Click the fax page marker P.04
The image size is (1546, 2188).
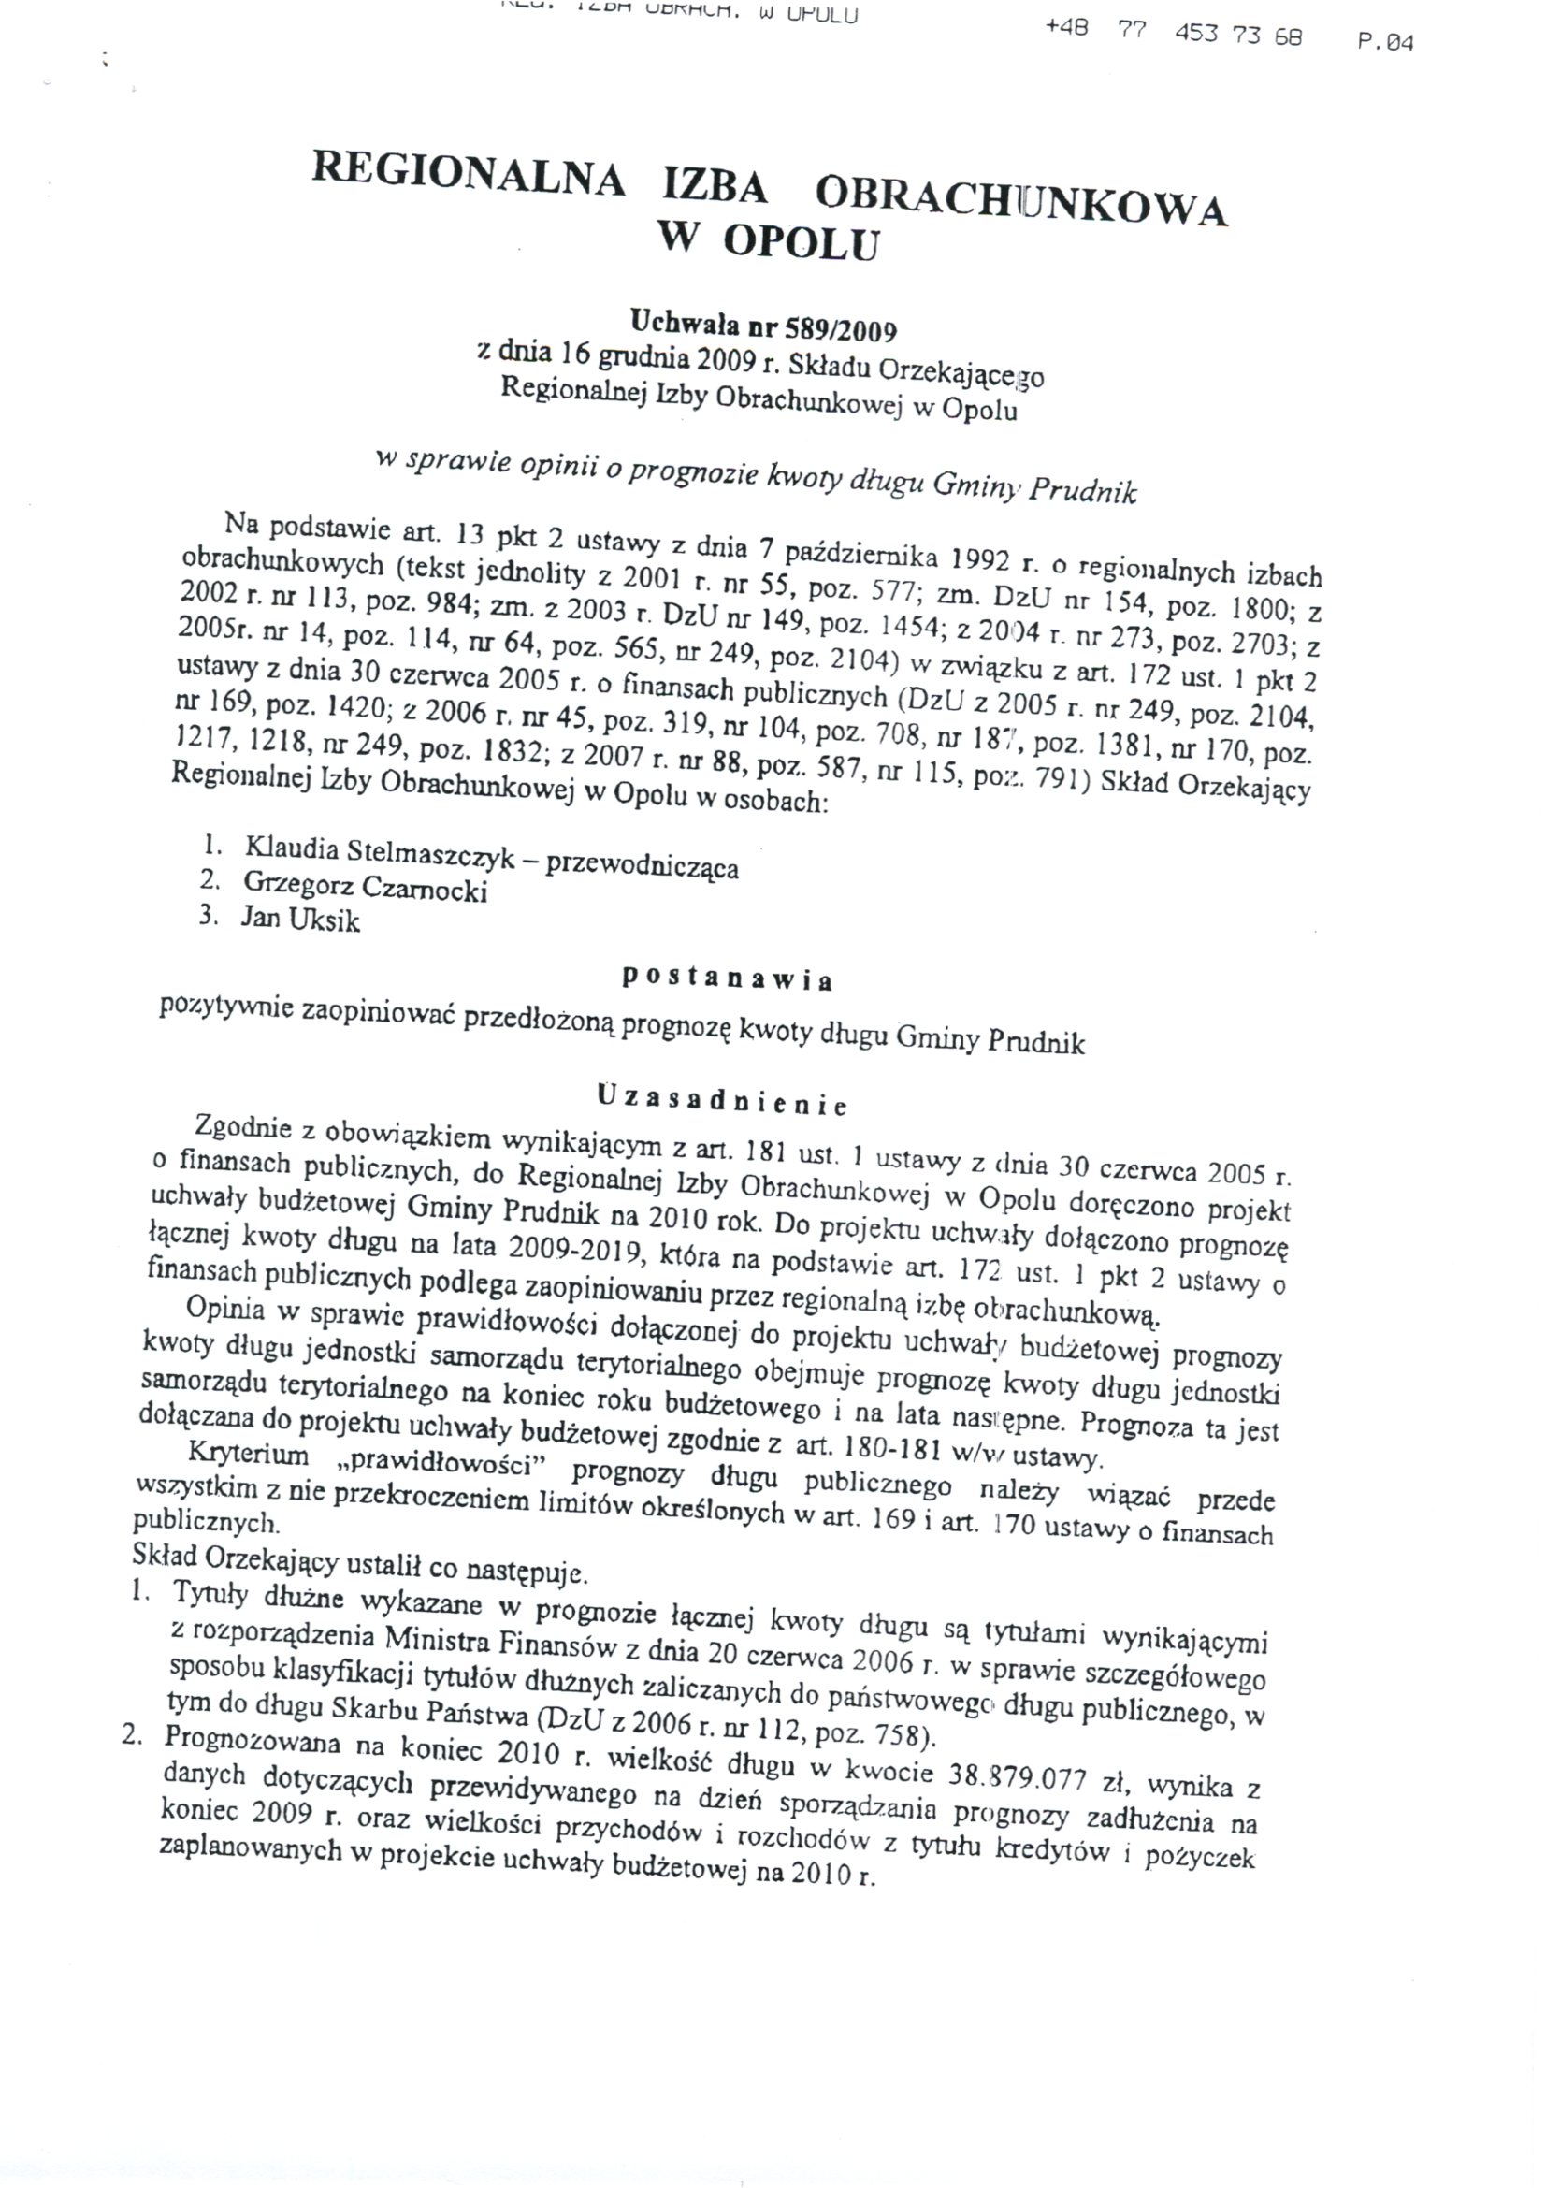(x=1386, y=43)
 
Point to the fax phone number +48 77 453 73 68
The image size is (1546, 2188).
(x=1173, y=34)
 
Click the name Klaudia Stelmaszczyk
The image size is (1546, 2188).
(x=378, y=852)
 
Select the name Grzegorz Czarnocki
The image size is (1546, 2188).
(x=365, y=887)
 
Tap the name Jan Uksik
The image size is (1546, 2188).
(x=300, y=920)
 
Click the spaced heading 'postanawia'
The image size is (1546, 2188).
(x=728, y=978)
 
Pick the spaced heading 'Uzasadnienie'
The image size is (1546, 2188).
(x=722, y=1101)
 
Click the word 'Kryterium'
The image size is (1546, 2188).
(x=250, y=1456)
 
